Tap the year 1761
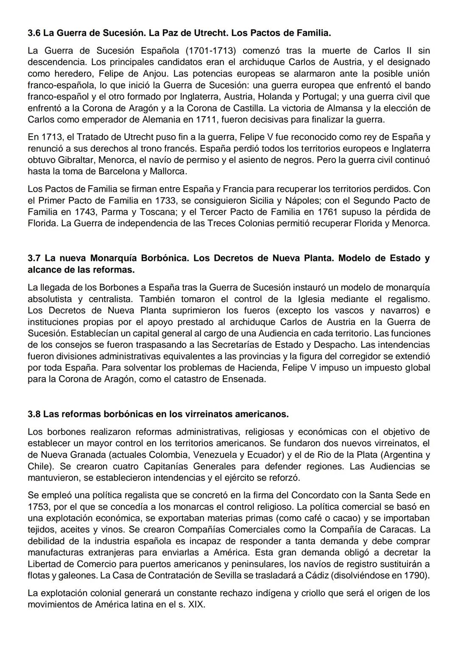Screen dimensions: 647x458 tap(327, 212)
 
